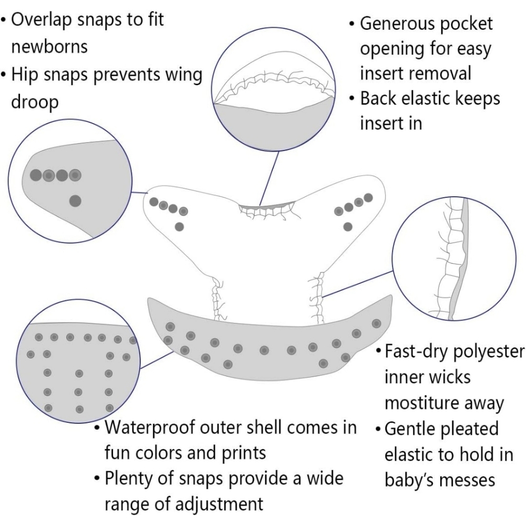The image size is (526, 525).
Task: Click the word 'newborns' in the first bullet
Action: coord(49,47)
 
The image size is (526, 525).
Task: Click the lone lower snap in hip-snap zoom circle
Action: coord(75,201)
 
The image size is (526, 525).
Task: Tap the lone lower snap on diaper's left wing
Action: coord(179,227)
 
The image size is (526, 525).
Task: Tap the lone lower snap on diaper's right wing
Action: coord(348,227)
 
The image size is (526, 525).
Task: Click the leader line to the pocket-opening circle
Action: coord(269,178)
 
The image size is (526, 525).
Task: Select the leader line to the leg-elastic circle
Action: coord(358,284)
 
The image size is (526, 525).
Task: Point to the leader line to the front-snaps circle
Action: coord(157,360)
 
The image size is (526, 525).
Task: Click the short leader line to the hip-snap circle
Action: coord(139,193)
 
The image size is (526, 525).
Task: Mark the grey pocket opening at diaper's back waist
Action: coord(267,205)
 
